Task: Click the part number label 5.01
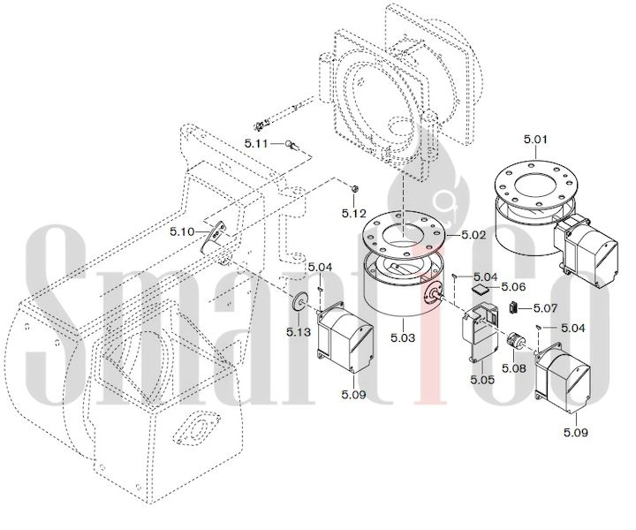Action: click(x=535, y=140)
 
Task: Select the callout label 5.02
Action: click(x=473, y=235)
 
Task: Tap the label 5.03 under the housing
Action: click(x=403, y=337)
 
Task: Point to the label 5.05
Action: click(x=482, y=380)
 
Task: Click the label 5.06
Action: click(x=513, y=287)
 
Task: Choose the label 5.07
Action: click(x=546, y=308)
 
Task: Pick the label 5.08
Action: click(x=514, y=368)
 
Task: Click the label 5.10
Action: click(x=182, y=232)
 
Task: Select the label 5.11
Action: click(x=256, y=143)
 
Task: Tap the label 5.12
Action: click(x=353, y=213)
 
